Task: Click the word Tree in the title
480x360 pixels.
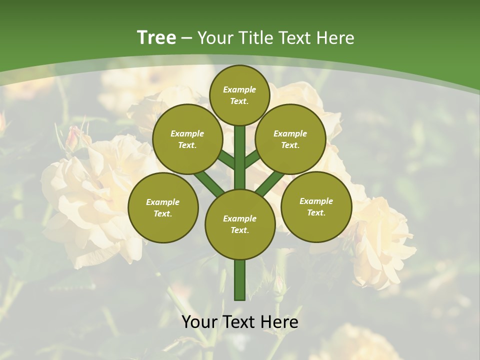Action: coord(156,37)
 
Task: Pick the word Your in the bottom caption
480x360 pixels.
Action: coord(199,322)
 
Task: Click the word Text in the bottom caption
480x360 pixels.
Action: coord(239,322)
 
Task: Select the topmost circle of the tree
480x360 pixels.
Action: coord(239,95)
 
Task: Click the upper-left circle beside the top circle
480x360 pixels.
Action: coord(187,139)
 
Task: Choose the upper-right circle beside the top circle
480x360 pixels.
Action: coord(290,139)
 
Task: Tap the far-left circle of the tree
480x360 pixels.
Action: coord(162,207)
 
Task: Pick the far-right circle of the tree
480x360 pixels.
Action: coord(316,206)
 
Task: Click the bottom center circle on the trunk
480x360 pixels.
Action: coord(239,224)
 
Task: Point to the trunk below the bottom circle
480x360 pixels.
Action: coord(239,280)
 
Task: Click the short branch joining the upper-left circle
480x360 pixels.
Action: coord(226,160)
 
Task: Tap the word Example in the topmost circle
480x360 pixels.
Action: coord(239,90)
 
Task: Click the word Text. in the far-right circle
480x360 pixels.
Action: coord(316,212)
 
